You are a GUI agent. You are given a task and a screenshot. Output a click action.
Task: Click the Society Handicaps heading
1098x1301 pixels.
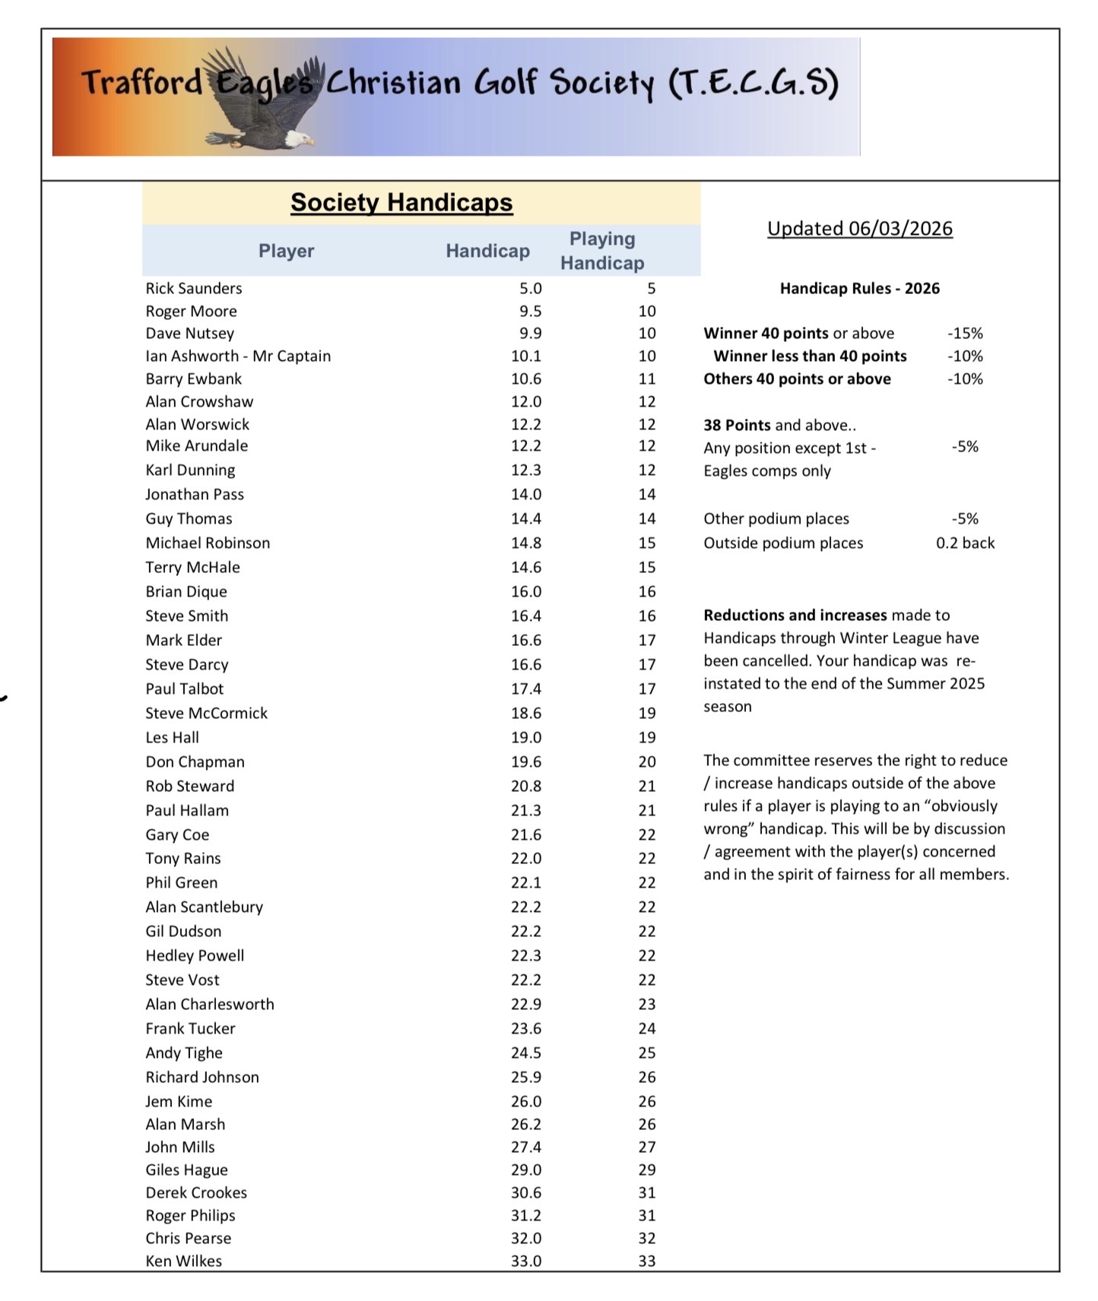click(401, 202)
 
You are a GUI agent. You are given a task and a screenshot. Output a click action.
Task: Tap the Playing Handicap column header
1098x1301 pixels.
click(602, 251)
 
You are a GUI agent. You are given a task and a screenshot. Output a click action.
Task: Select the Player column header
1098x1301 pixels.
click(286, 251)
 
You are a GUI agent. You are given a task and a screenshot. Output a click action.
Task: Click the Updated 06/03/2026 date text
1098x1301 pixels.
click(859, 229)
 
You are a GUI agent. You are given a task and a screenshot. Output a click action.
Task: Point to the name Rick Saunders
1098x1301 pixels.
click(194, 289)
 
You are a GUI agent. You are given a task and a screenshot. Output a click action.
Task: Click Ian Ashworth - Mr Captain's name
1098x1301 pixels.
click(238, 356)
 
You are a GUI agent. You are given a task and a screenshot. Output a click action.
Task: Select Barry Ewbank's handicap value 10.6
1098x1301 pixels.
click(526, 379)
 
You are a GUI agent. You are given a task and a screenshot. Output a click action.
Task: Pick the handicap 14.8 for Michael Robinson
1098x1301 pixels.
click(526, 543)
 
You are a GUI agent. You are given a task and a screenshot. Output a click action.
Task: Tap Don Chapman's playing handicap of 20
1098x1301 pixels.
click(647, 762)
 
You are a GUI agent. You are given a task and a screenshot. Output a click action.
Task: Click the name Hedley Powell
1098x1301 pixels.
click(195, 956)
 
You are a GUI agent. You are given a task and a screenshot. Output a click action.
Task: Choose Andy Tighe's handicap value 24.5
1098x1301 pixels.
click(526, 1053)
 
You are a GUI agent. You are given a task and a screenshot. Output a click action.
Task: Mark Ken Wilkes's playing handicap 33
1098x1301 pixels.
click(647, 1261)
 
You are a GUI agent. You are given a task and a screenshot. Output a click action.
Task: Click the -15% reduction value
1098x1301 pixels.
click(965, 334)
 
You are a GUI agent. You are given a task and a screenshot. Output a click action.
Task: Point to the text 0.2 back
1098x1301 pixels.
click(965, 543)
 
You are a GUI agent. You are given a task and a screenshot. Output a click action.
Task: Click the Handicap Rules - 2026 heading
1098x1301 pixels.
click(859, 289)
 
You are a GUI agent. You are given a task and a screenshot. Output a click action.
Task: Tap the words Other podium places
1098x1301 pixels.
click(776, 519)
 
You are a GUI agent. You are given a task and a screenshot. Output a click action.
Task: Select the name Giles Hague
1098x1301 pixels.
click(186, 1170)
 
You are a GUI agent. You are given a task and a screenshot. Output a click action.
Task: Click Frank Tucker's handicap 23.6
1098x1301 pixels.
click(526, 1029)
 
